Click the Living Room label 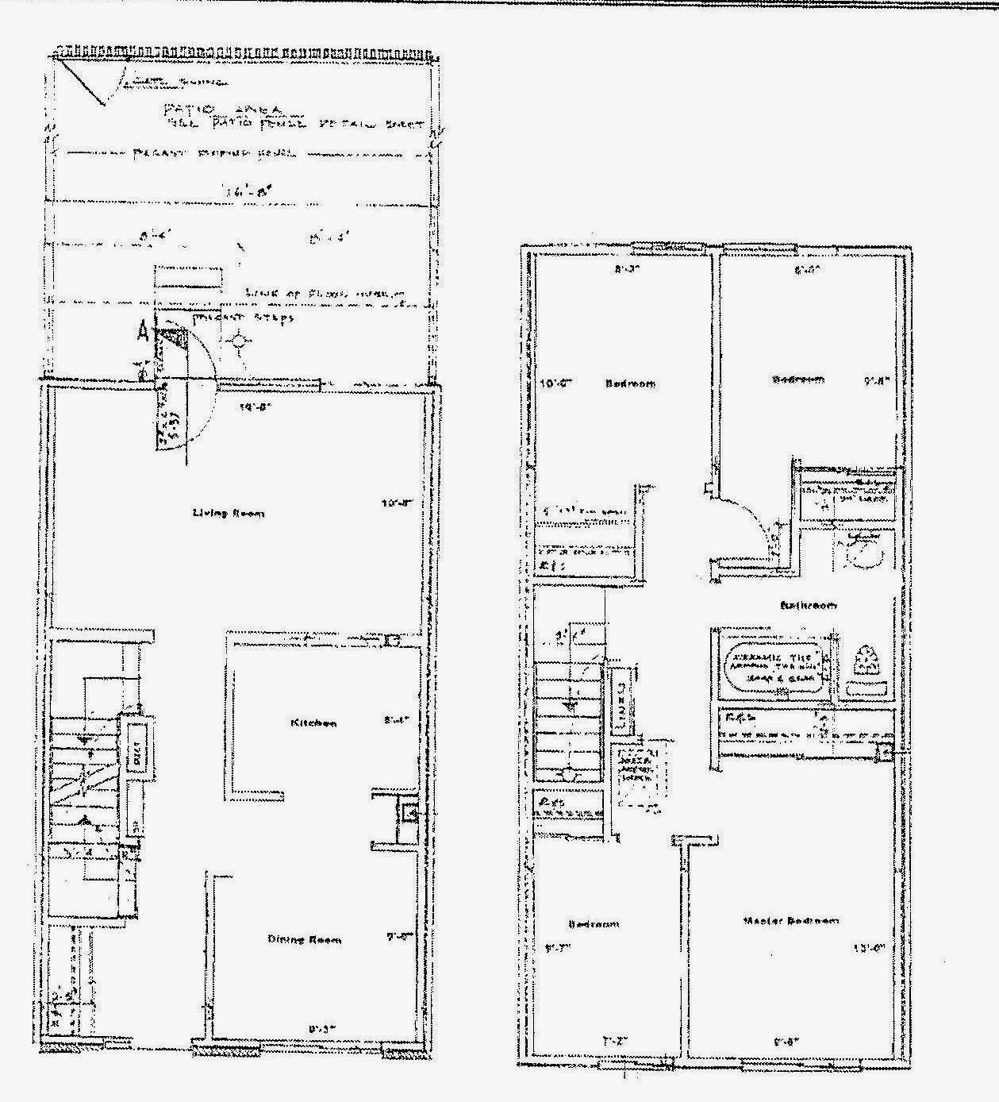tap(229, 514)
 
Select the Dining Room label tap(305, 940)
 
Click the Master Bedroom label tap(790, 921)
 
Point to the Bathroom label tap(808, 606)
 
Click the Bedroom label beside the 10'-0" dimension tap(631, 384)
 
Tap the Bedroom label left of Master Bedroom tap(594, 925)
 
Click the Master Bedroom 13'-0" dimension tap(868, 947)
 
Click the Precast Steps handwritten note tap(244, 318)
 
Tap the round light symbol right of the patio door tap(239, 343)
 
